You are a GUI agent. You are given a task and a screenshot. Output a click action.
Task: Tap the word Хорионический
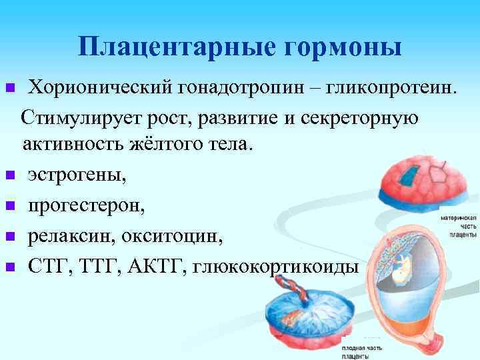[101, 87]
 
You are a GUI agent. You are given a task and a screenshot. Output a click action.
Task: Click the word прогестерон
[85, 205]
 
